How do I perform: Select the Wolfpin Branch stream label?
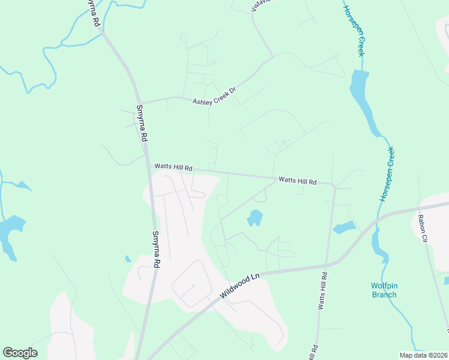coord(384,290)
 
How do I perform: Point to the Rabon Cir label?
coord(423,228)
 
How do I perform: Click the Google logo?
coord(20,352)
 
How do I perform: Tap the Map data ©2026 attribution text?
coord(423,355)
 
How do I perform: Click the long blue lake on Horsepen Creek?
coord(363,99)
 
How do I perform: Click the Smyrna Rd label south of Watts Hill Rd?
coord(157,249)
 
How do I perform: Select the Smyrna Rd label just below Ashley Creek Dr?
coord(142,123)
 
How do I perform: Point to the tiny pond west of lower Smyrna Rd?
coord(128,259)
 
